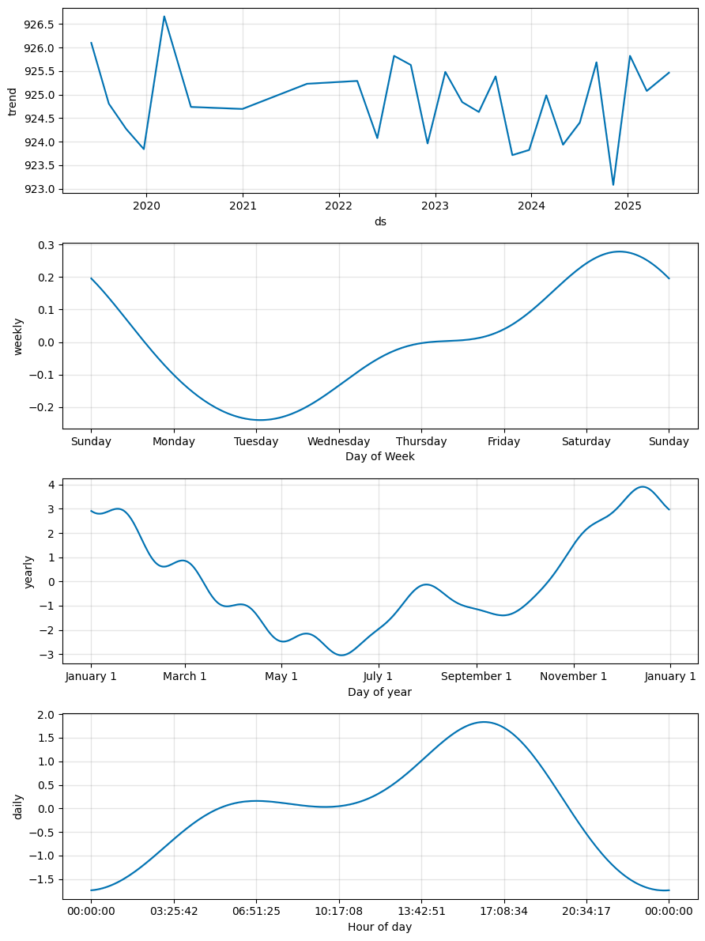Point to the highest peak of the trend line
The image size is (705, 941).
click(x=164, y=17)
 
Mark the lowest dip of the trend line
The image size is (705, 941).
click(x=613, y=185)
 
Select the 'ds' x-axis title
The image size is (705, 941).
click(x=380, y=221)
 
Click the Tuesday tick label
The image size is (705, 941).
click(x=256, y=442)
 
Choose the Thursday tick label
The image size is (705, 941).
click(x=421, y=442)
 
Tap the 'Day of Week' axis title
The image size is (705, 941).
click(x=380, y=456)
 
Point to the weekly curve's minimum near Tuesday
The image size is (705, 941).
click(x=259, y=420)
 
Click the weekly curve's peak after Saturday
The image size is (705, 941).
click(x=620, y=251)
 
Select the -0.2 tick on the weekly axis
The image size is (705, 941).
click(x=41, y=407)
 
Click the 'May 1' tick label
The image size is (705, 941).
click(x=281, y=677)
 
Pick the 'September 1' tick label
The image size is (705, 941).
click(x=476, y=677)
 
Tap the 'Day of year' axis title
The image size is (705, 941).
click(x=380, y=692)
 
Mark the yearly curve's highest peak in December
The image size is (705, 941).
click(x=643, y=487)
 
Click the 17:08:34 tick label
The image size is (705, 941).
click(x=504, y=912)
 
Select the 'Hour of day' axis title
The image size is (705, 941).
click(x=380, y=927)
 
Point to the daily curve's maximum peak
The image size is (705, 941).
click(x=484, y=722)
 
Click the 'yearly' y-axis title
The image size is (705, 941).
click(x=28, y=571)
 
